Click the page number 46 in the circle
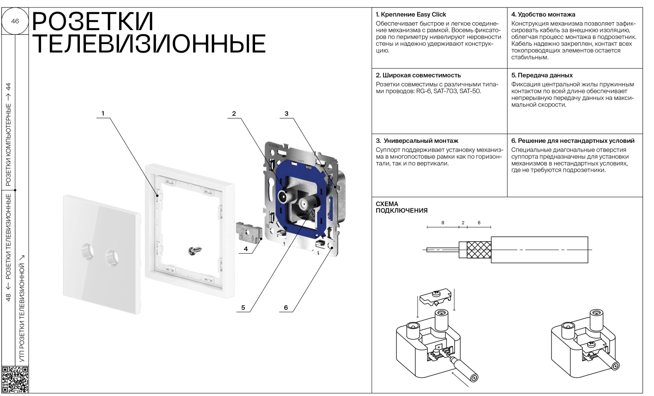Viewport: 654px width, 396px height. click(15, 21)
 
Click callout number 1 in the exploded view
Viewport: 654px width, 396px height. click(103, 114)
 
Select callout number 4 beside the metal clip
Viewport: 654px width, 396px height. click(246, 249)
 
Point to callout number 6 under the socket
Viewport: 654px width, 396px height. click(286, 308)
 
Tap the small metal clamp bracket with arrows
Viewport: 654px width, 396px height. click(248, 231)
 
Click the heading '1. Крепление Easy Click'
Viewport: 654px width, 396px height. click(411, 14)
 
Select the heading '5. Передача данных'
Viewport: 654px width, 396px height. click(542, 75)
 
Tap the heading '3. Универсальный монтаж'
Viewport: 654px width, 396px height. click(417, 141)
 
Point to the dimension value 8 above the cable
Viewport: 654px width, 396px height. click(443, 223)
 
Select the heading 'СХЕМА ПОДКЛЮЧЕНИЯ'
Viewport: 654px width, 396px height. click(401, 207)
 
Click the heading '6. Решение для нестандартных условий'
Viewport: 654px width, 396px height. click(573, 141)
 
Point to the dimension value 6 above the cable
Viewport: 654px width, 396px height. click(479, 223)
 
